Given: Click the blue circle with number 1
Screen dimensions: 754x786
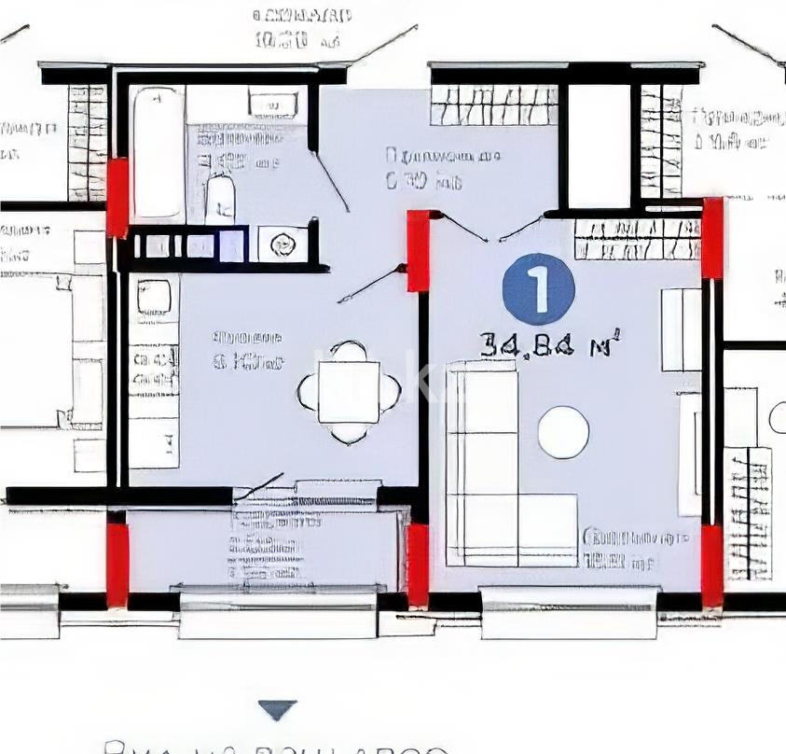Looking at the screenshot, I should click(538, 289).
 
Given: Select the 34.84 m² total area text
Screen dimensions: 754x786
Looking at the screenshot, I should click(550, 345).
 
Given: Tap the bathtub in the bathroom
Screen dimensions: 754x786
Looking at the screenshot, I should click(158, 152).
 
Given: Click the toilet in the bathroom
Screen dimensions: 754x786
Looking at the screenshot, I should click(220, 199).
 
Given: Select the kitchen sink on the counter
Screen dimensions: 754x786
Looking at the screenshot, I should click(154, 298).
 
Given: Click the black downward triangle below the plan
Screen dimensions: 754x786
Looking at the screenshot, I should click(277, 710).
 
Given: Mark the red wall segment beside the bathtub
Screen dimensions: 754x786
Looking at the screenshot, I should click(117, 197).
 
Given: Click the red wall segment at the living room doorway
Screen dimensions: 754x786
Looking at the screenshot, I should click(419, 250).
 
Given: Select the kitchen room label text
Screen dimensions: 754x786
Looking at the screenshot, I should click(246, 350).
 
